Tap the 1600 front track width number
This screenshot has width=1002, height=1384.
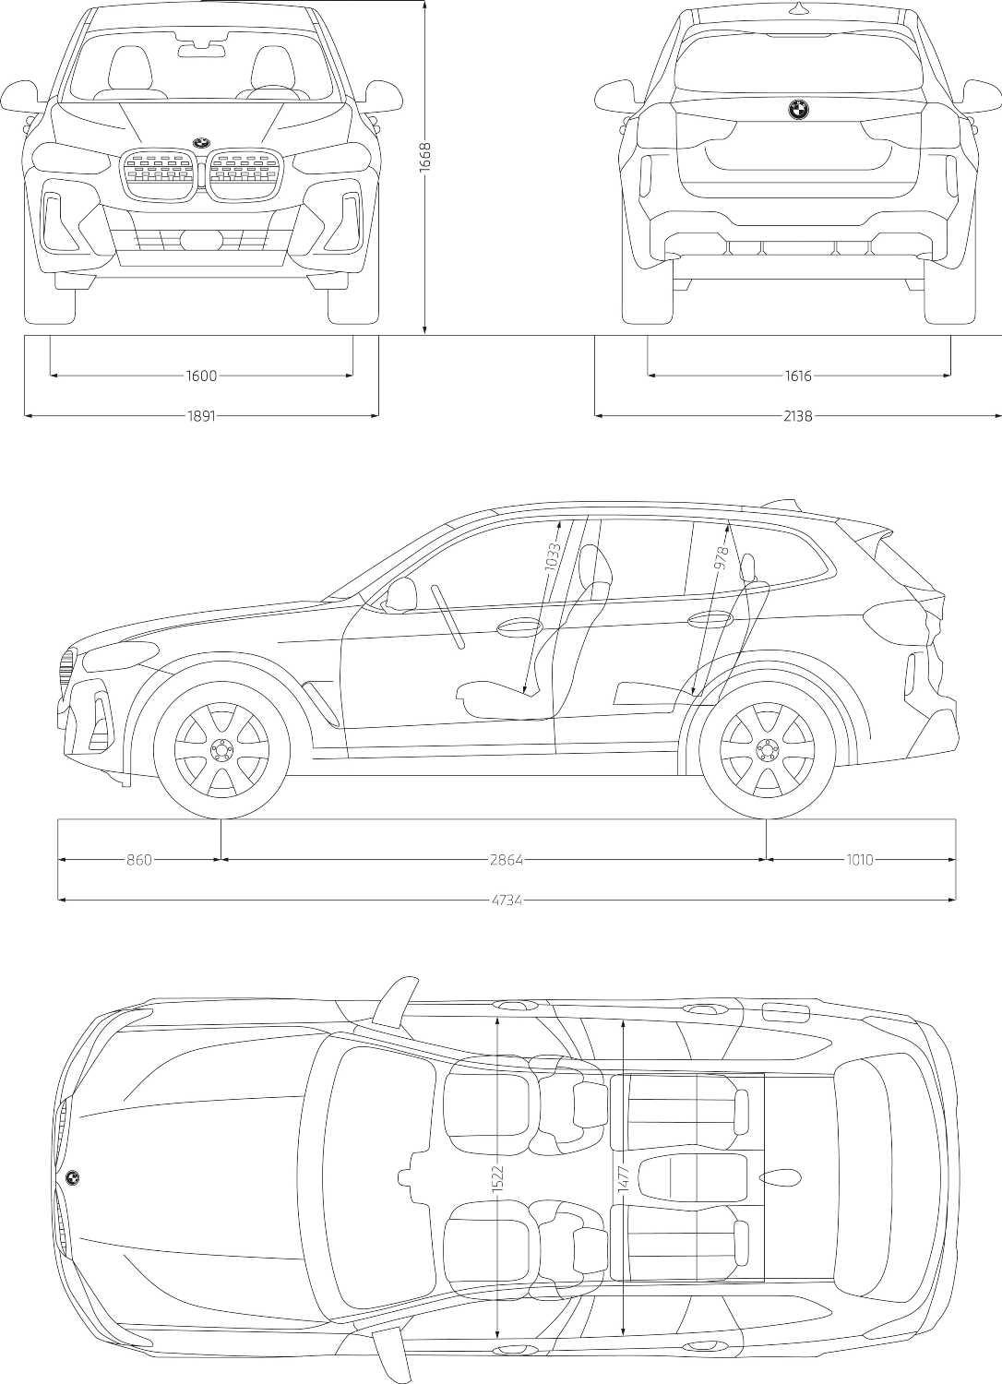click(x=201, y=376)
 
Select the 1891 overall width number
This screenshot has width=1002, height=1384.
click(x=201, y=416)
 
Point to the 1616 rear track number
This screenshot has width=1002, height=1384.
click(x=798, y=376)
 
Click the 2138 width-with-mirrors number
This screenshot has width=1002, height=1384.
click(x=798, y=416)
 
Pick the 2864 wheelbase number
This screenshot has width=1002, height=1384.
click(x=506, y=860)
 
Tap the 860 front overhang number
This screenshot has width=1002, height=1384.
click(x=138, y=860)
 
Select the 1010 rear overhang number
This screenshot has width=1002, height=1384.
click(x=859, y=860)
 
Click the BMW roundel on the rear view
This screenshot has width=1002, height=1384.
click(x=798, y=110)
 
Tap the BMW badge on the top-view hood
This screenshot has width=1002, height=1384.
click(x=72, y=1177)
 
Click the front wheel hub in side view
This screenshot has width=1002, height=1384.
click(x=221, y=747)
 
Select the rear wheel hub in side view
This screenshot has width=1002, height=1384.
click(x=766, y=747)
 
